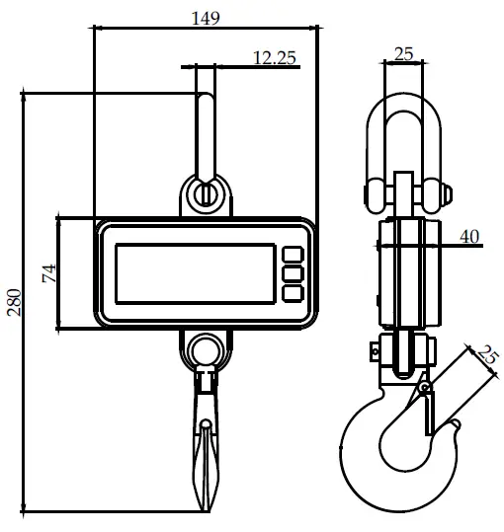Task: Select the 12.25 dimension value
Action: (x=275, y=58)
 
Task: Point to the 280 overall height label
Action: (x=13, y=301)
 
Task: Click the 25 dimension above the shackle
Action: (x=403, y=54)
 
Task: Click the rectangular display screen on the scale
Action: (x=195, y=272)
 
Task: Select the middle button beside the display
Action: (x=293, y=272)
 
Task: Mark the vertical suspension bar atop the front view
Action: (x=206, y=123)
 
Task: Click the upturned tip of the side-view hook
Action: (x=454, y=426)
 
